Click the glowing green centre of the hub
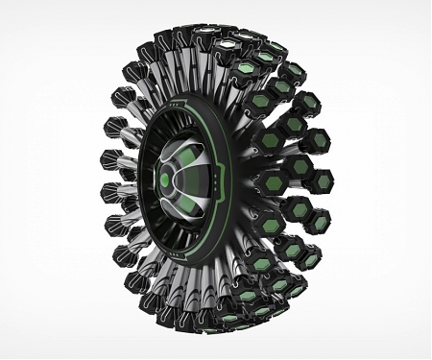pos(164,180)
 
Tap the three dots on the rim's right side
pos(223,181)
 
